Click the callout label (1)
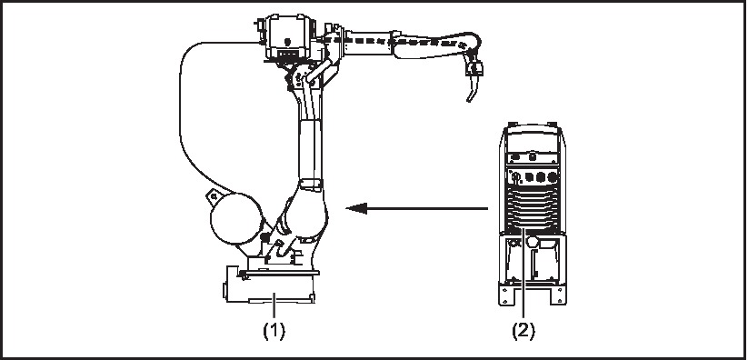[x=274, y=330]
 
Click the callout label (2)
[x=524, y=330]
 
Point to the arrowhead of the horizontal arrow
[x=356, y=208]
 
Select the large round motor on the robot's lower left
[x=236, y=219]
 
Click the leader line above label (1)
[x=274, y=305]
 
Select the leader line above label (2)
[x=524, y=273]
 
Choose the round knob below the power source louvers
[x=533, y=242]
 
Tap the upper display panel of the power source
[x=533, y=142]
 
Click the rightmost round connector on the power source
[x=552, y=177]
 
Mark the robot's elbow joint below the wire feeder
[x=302, y=79]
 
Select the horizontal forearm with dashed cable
[x=410, y=43]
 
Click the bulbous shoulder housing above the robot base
[x=305, y=210]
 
